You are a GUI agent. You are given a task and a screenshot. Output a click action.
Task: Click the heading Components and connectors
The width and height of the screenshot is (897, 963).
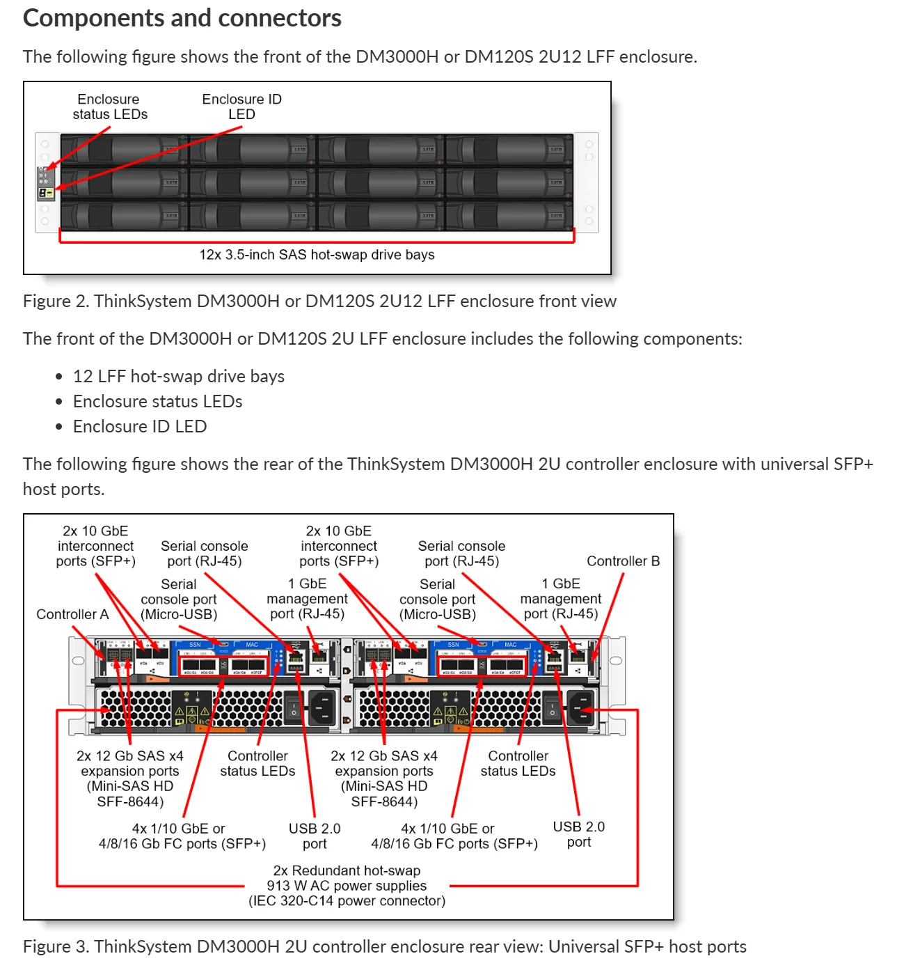pyautogui.click(x=182, y=18)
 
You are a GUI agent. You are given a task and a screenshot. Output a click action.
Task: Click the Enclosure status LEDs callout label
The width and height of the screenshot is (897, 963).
pyautogui.click(x=109, y=107)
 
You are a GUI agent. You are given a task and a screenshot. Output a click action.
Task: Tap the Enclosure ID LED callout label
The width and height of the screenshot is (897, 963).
pyautogui.click(x=241, y=107)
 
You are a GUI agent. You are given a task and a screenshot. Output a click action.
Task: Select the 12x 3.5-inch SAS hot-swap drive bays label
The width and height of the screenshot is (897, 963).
pyautogui.click(x=317, y=255)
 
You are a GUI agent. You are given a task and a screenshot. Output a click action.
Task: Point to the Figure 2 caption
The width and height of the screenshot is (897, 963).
pyautogui.click(x=319, y=301)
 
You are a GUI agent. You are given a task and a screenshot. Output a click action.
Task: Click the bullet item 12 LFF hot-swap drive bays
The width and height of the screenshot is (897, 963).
pyautogui.click(x=179, y=376)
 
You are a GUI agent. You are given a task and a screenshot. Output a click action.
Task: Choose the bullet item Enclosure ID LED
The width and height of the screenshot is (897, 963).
pyautogui.click(x=140, y=426)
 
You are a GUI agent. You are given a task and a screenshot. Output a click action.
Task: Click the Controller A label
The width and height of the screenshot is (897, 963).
pyautogui.click(x=72, y=614)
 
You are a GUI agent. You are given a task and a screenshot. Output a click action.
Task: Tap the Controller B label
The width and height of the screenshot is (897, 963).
pyautogui.click(x=623, y=561)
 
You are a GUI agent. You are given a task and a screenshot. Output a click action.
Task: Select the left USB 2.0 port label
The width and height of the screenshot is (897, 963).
pyautogui.click(x=315, y=836)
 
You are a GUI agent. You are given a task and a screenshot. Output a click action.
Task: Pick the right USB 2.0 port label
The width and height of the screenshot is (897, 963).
pyautogui.click(x=578, y=833)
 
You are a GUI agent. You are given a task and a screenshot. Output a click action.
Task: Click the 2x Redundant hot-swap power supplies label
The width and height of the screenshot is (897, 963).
pyautogui.click(x=347, y=886)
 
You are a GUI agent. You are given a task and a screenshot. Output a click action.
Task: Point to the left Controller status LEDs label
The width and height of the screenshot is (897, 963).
pyautogui.click(x=257, y=763)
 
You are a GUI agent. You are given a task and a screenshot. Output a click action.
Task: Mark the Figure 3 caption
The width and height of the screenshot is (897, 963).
pyautogui.click(x=384, y=946)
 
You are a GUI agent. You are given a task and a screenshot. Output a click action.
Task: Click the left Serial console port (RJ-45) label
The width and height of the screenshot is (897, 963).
pyautogui.click(x=204, y=554)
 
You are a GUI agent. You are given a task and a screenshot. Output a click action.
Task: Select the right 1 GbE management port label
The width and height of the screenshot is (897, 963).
pyautogui.click(x=560, y=599)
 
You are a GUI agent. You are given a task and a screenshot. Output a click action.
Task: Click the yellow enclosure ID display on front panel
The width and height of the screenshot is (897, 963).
pyautogui.click(x=45, y=192)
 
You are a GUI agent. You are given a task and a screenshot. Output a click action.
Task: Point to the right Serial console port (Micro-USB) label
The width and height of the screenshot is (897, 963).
pyautogui.click(x=437, y=599)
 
